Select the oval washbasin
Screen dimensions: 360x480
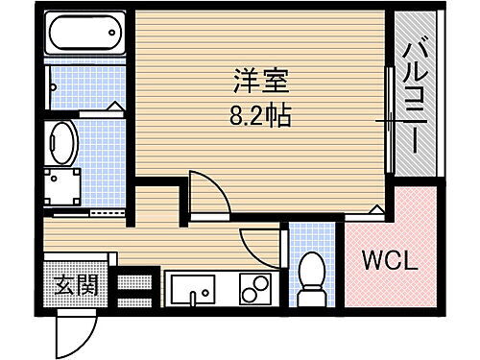(61, 142)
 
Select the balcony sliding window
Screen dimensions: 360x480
(390, 120)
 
